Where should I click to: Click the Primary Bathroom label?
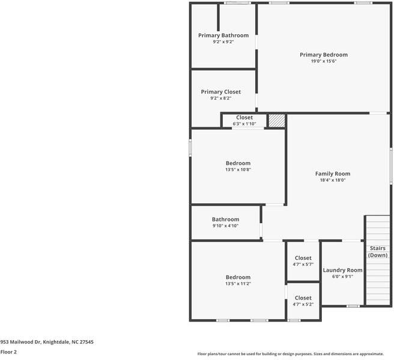coord(223,35)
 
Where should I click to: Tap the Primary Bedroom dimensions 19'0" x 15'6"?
coord(324,61)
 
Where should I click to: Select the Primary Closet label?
coord(221,92)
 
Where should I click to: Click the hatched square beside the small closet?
coord(276,120)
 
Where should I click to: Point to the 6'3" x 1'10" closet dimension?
coord(244,124)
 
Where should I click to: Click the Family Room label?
coord(333,173)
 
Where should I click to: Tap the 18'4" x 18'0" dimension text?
coord(333,180)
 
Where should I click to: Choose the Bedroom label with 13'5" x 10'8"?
coord(238,163)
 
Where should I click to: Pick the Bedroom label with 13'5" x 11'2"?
coord(238,277)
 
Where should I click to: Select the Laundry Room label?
coord(342,270)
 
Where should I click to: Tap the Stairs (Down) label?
coord(377,251)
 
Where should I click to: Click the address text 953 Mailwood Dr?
coord(47,341)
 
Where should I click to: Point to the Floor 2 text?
coord(8,352)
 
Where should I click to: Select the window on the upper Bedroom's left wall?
coord(190,148)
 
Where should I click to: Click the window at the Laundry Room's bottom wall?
coord(353,306)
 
